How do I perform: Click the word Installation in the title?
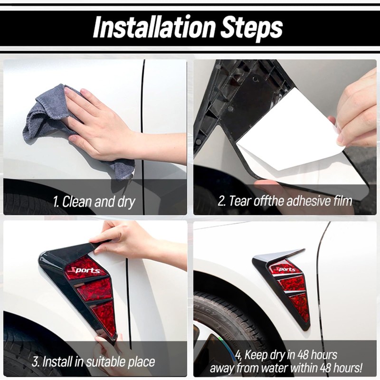tap(154, 27)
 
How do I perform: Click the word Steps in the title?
tap(252, 28)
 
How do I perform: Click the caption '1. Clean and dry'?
tap(94, 202)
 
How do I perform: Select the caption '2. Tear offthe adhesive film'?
tap(285, 201)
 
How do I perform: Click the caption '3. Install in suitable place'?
tap(93, 362)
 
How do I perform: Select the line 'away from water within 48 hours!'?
tap(286, 368)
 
